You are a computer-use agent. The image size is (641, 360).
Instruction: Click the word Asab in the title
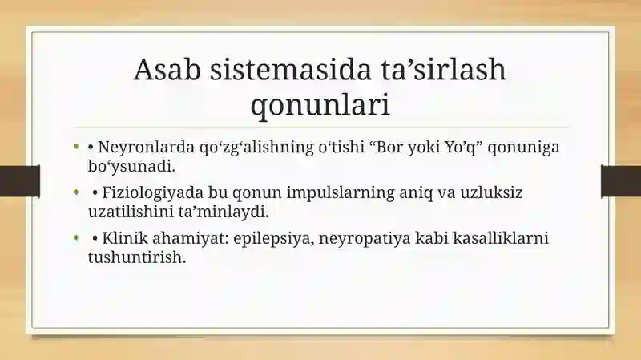(x=167, y=69)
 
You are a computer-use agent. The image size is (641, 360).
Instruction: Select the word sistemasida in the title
(x=291, y=69)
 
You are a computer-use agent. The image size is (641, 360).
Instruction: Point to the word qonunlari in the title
(x=320, y=106)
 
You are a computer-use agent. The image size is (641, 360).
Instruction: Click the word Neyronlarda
(x=146, y=147)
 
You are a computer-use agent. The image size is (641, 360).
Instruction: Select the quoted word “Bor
(x=387, y=147)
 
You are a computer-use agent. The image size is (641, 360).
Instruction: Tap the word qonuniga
(x=524, y=148)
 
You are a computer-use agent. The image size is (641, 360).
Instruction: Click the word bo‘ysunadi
(x=131, y=167)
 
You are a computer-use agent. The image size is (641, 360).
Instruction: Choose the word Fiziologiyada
(x=153, y=192)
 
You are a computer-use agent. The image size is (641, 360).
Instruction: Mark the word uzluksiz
(x=491, y=192)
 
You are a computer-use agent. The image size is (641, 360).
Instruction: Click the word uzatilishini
(x=131, y=212)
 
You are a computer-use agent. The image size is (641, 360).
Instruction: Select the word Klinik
(x=125, y=237)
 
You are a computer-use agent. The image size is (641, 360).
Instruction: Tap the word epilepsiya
(x=274, y=238)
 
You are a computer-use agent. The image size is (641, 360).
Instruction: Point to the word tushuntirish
(x=137, y=257)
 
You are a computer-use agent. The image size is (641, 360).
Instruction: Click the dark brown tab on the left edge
(x=20, y=181)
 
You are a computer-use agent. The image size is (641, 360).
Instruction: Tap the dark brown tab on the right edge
(x=621, y=181)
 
